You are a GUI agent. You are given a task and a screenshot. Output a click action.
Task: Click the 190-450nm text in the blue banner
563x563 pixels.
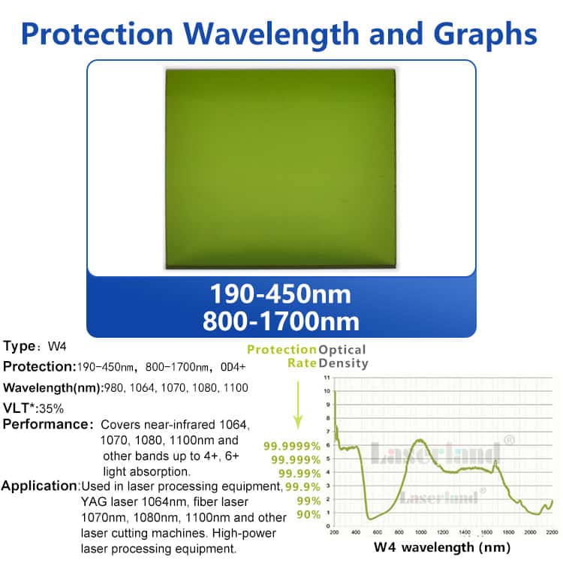(x=281, y=293)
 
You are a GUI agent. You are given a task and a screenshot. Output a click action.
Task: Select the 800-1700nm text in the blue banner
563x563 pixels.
(x=281, y=321)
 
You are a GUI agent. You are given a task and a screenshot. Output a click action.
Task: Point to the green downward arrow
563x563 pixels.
(x=298, y=405)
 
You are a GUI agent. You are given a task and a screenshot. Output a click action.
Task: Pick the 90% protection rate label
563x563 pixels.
(x=308, y=515)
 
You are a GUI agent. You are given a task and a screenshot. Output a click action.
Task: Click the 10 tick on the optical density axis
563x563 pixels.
(x=327, y=391)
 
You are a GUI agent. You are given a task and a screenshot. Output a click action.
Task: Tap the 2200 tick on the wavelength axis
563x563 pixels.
(x=551, y=531)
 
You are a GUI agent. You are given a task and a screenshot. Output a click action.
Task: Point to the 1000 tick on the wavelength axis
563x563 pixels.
(x=421, y=531)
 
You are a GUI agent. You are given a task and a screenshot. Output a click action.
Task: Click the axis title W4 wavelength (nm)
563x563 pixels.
(x=438, y=546)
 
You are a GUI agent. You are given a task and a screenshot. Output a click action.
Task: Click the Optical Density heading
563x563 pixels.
(x=343, y=357)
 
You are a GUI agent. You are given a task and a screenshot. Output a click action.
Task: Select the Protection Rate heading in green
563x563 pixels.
(x=281, y=357)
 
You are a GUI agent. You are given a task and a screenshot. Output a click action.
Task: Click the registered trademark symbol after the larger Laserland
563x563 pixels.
(x=509, y=440)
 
